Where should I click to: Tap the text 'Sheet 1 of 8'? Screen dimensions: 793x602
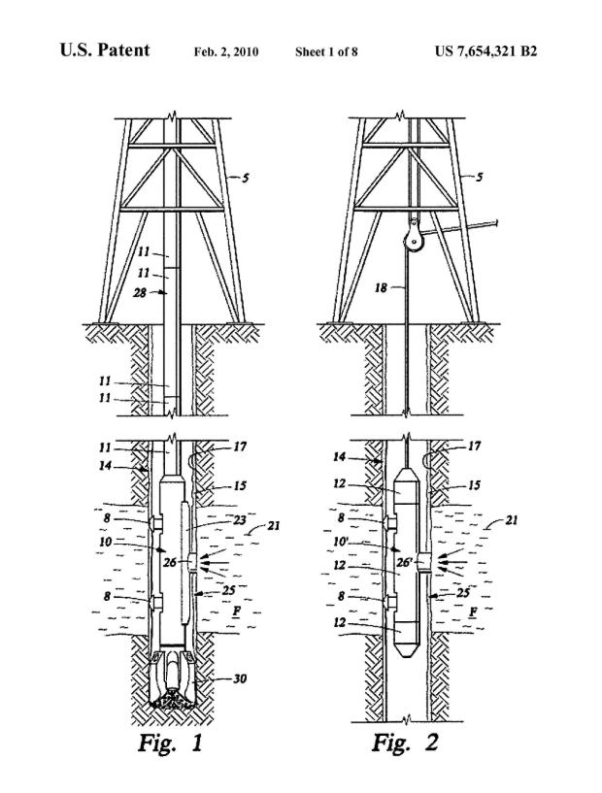[326, 51]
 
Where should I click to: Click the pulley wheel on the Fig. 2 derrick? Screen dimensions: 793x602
[415, 234]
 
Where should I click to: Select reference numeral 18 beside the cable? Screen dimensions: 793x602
[384, 288]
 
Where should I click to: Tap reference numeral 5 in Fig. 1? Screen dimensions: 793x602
[247, 178]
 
